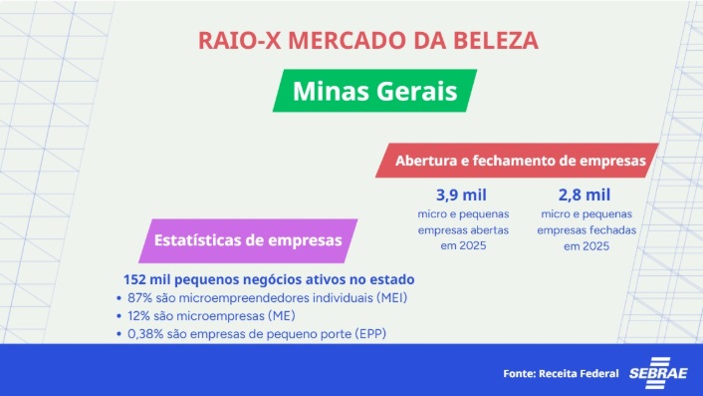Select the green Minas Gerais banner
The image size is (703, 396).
tap(375, 91)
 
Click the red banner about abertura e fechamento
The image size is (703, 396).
tap(522, 160)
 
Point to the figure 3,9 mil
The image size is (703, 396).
tap(460, 194)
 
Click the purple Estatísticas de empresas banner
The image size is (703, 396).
tap(248, 240)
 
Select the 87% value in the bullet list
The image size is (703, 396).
tap(142, 297)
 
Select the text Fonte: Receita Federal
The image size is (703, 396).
tap(561, 373)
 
